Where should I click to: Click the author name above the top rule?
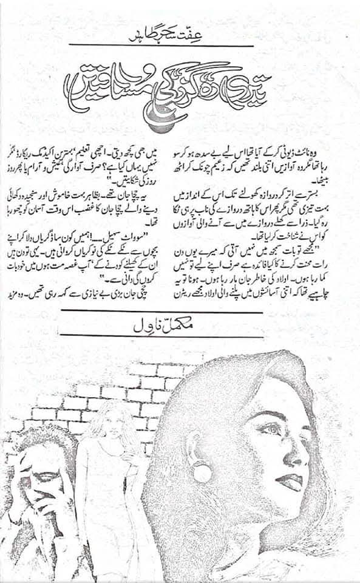(160, 32)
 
